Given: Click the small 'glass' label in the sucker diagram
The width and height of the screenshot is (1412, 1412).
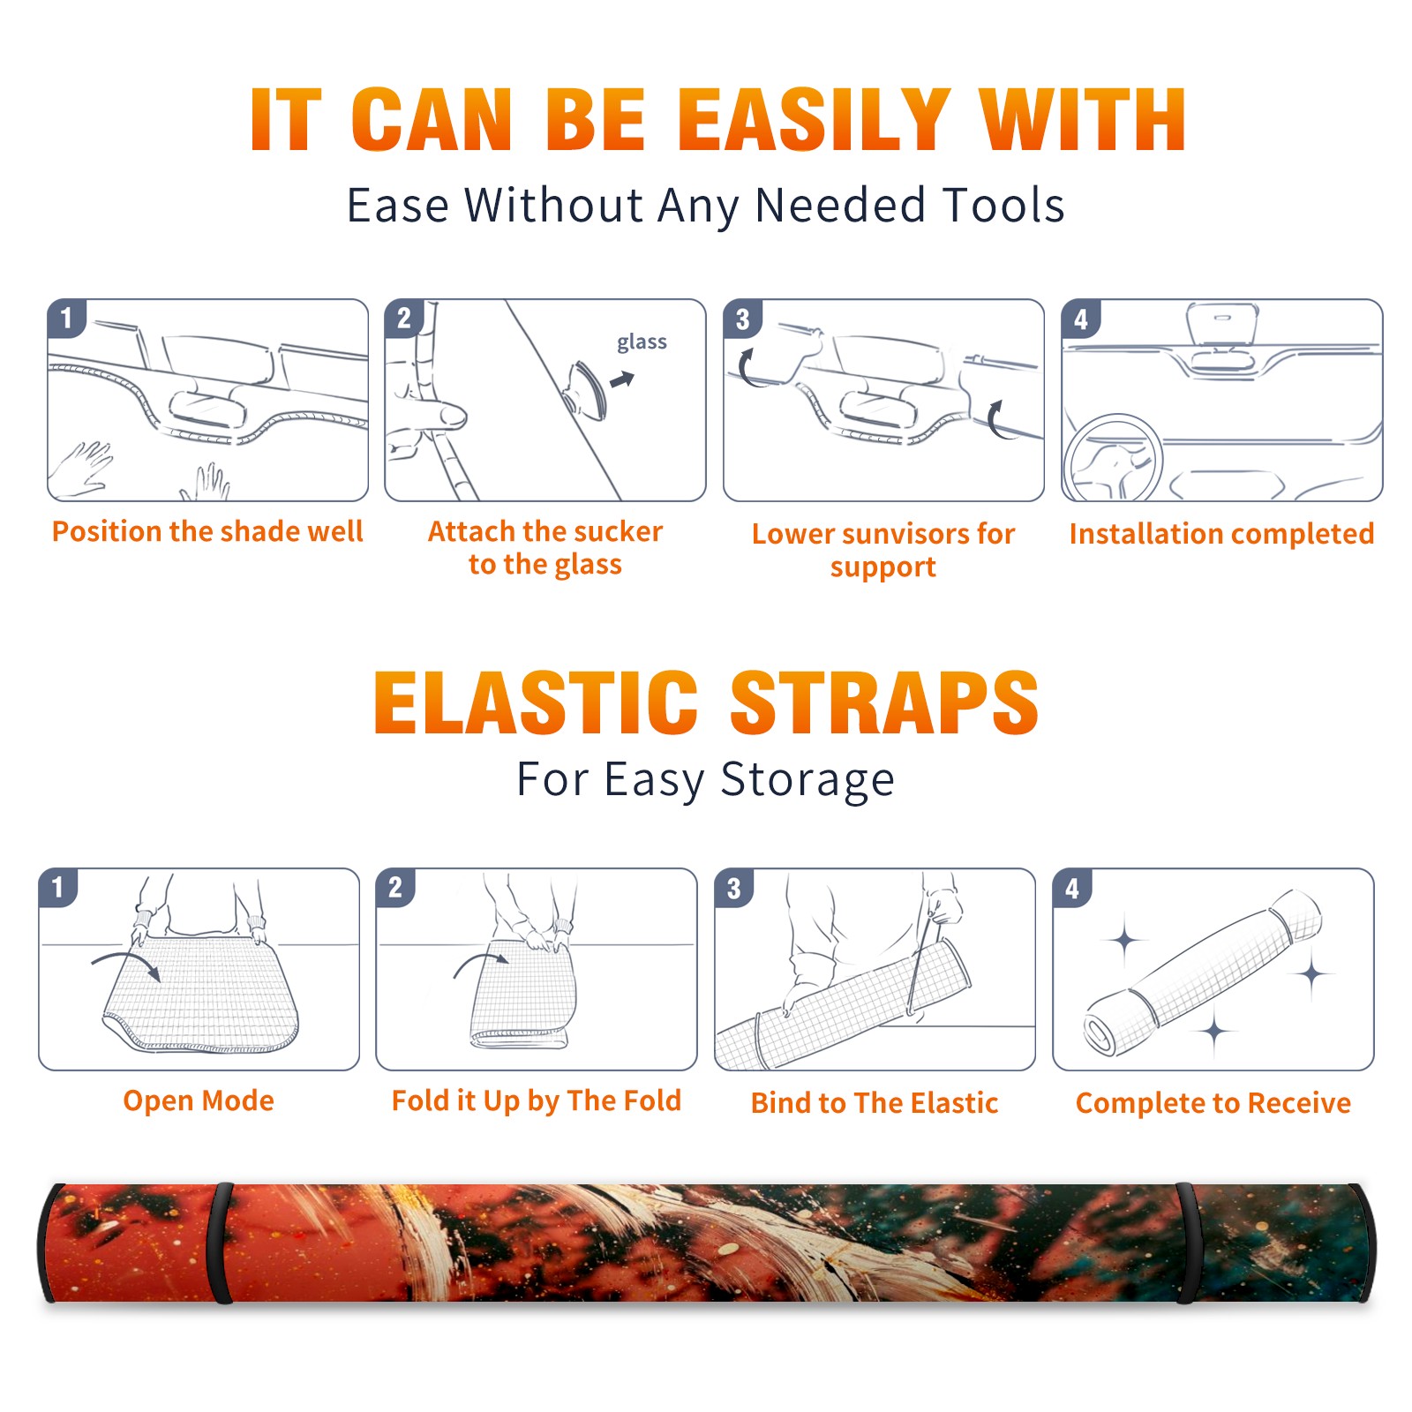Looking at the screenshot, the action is [642, 342].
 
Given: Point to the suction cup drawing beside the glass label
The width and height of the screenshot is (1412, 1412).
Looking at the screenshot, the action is [585, 389].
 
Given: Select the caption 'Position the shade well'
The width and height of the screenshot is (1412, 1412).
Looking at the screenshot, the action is [207, 531].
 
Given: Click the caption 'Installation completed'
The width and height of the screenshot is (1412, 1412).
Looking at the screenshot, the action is [1221, 533].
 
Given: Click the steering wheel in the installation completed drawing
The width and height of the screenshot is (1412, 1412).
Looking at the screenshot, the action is [1114, 457].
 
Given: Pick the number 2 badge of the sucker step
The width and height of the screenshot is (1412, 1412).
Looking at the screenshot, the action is [404, 318].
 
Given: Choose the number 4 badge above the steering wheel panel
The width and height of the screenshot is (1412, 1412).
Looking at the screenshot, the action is [1081, 319].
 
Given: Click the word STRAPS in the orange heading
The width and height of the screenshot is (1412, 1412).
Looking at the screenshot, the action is [884, 702].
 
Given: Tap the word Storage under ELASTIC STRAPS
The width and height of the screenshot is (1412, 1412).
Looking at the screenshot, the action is [807, 780].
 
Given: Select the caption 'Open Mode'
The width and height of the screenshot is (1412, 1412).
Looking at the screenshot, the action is [199, 1100].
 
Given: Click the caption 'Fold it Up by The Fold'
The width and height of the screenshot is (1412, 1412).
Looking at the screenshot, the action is [537, 1100].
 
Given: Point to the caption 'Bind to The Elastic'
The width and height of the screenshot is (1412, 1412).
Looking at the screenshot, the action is [875, 1103].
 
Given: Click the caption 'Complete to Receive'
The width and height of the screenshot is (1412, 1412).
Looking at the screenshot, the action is [1213, 1103].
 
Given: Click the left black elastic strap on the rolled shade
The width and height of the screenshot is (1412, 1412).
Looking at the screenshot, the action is [220, 1243].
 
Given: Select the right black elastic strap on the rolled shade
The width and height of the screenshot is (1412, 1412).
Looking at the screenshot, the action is [1189, 1243].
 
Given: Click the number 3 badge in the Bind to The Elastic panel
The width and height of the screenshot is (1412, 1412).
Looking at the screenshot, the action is [734, 888].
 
